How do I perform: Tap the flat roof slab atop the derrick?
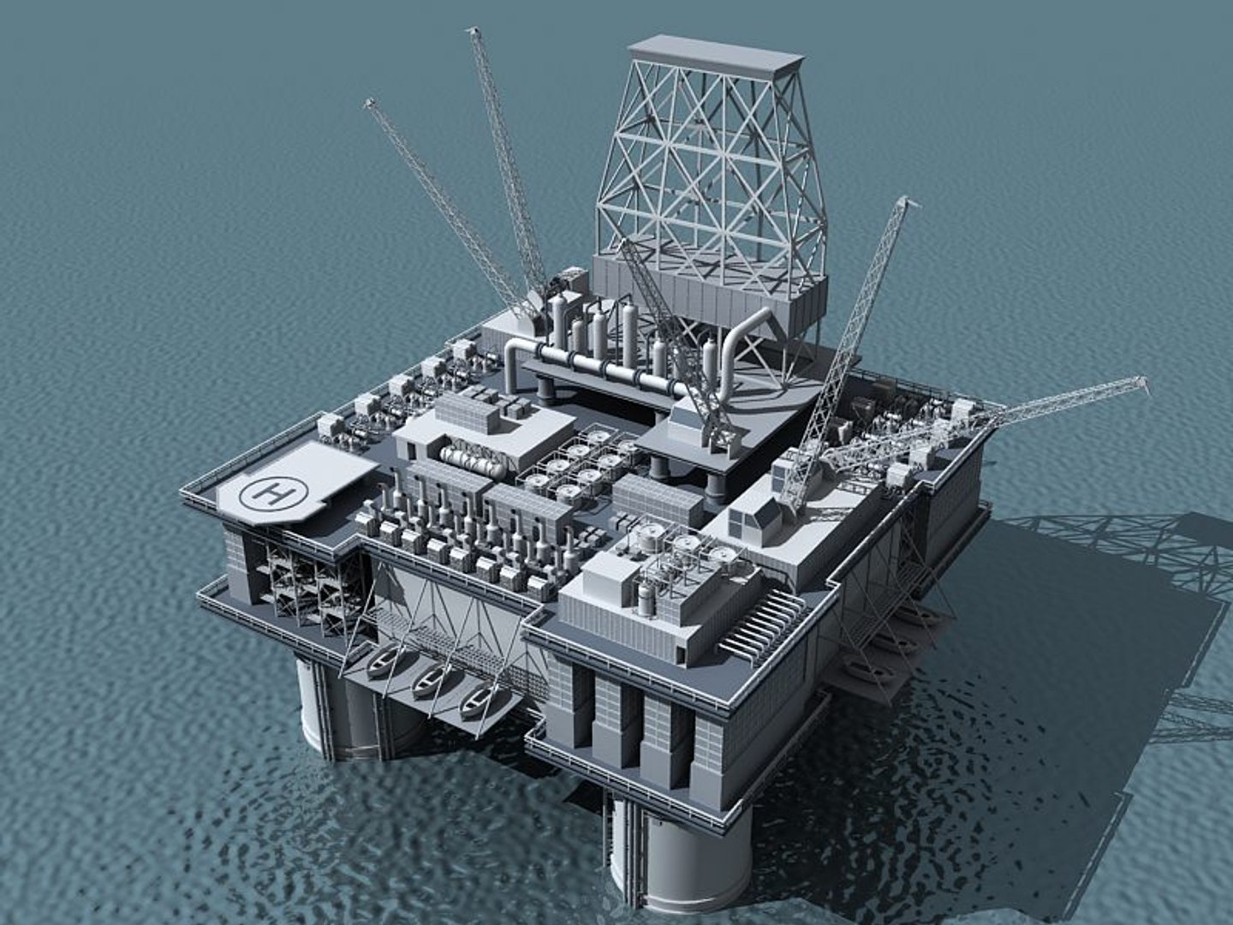tap(715, 52)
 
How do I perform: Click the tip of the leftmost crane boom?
tap(370, 103)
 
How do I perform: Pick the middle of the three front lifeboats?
tap(428, 682)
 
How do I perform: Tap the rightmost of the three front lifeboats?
tap(476, 702)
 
